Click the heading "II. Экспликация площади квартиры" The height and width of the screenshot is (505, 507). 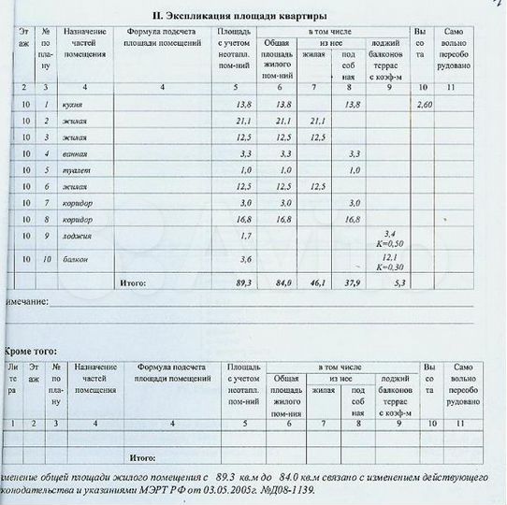click(x=239, y=15)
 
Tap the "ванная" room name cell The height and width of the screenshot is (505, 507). click(x=74, y=152)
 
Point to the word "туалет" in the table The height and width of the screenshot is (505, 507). click(x=74, y=169)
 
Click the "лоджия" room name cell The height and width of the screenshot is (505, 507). click(x=75, y=236)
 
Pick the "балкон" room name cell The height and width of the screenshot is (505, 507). click(x=74, y=258)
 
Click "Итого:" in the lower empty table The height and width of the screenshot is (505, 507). click(x=142, y=457)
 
